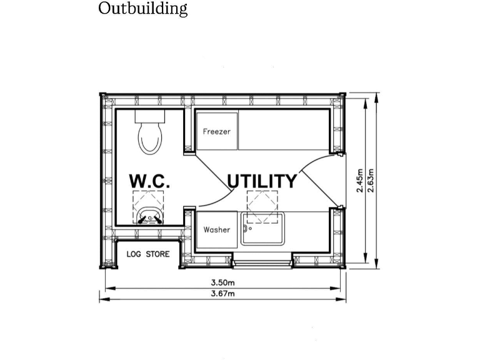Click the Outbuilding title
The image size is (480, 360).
[x=142, y=8]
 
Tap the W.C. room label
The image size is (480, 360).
[x=149, y=181]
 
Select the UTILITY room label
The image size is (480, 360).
[x=262, y=181]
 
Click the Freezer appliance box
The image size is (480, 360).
[x=217, y=131]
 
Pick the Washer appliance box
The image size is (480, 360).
[x=217, y=229]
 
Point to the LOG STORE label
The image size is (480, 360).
[x=148, y=254]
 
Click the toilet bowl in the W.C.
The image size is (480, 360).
[x=150, y=138]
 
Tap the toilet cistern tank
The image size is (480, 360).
[x=150, y=116]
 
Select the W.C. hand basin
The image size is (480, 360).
[x=150, y=216]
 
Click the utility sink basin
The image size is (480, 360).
[x=262, y=229]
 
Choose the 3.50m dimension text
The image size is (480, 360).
[x=223, y=282]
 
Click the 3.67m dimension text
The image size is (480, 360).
[x=223, y=294]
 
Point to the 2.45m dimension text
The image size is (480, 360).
[x=360, y=181]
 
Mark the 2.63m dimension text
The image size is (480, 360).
[x=371, y=181]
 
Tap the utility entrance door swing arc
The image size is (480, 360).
[x=312, y=159]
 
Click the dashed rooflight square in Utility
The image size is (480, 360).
[x=262, y=207]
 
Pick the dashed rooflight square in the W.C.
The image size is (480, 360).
[x=148, y=207]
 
